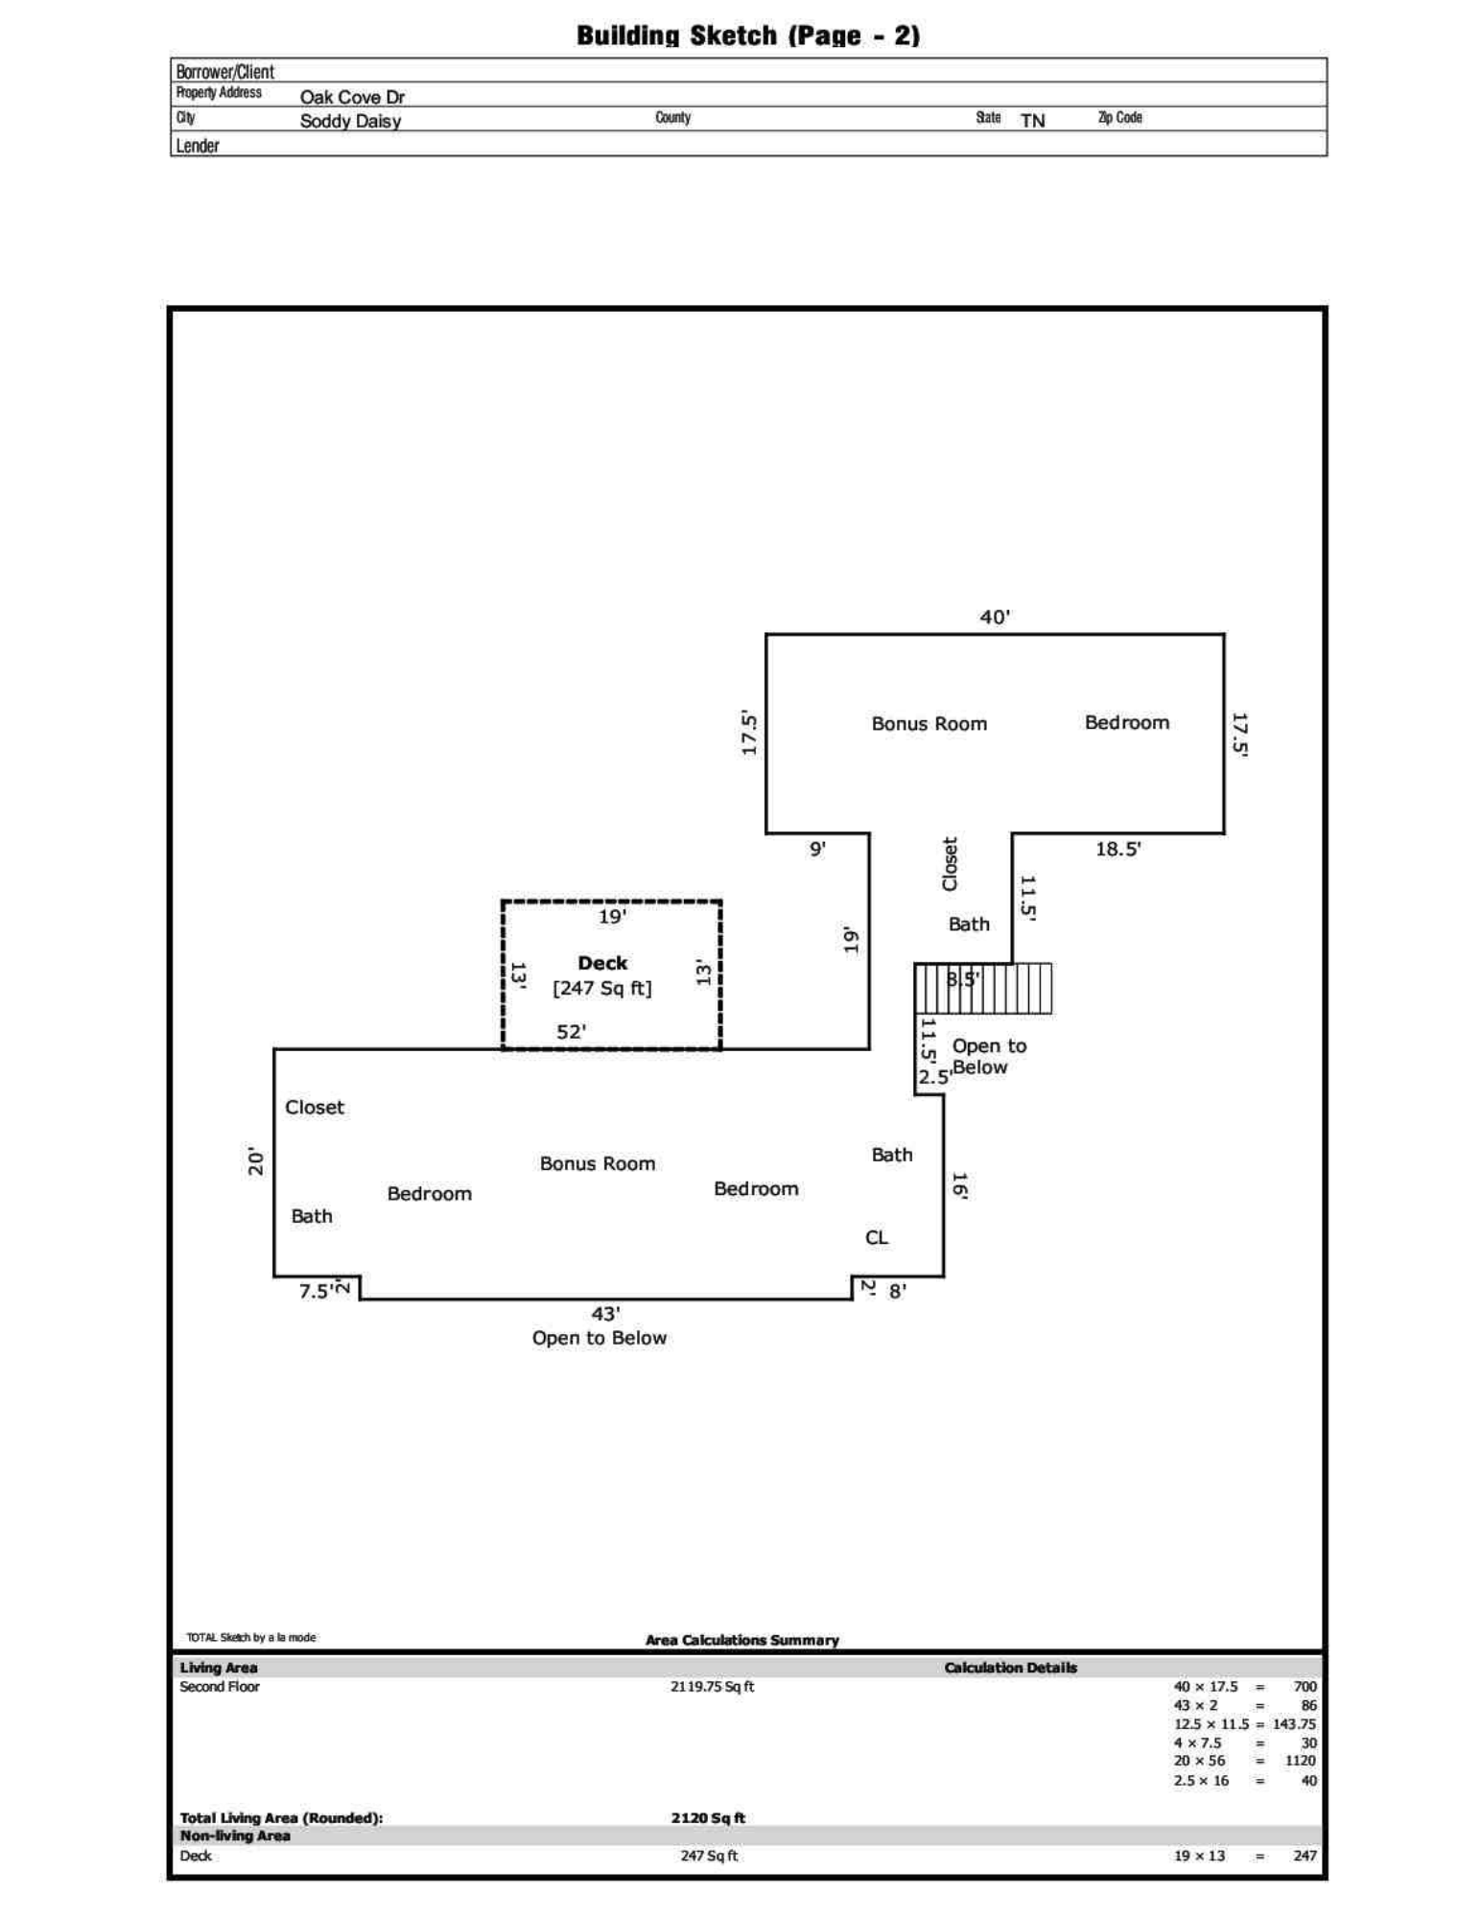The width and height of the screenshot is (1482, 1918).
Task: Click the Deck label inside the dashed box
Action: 601,963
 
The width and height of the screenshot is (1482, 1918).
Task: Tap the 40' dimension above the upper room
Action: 994,618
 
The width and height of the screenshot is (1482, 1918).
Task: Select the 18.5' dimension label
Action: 1117,849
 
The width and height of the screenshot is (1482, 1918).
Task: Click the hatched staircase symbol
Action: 982,989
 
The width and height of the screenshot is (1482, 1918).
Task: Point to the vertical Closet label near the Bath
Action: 950,864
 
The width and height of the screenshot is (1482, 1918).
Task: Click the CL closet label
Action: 876,1238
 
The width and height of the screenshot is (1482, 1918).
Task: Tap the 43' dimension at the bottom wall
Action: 604,1314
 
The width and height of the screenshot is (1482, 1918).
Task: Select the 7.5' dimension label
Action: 316,1292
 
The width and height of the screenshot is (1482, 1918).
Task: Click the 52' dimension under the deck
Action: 571,1032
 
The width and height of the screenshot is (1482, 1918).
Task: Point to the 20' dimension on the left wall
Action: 256,1160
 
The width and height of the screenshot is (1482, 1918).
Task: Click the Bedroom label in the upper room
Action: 1126,723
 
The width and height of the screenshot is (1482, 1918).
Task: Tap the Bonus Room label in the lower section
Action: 597,1163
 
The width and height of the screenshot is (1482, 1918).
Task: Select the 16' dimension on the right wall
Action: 958,1185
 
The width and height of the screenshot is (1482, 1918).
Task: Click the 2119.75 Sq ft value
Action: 712,1687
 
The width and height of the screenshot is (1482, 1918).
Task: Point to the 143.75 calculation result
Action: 1294,1724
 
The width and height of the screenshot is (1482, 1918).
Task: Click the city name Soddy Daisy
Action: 350,121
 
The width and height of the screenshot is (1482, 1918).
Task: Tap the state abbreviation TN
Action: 1032,121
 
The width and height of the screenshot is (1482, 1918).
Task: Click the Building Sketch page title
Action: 747,35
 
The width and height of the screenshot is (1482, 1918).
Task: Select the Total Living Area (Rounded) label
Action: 281,1818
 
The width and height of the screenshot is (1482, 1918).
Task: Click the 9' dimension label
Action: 817,849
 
